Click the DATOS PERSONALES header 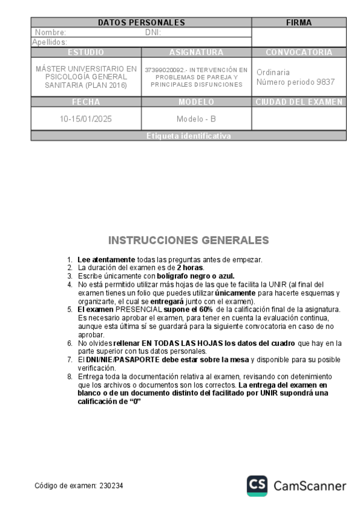pyautogui.click(x=141, y=23)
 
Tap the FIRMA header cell pyautogui.click(x=299, y=23)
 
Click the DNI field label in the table pyautogui.click(x=153, y=32)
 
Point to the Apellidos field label pyautogui.click(x=49, y=42)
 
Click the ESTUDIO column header pyautogui.click(x=86, y=52)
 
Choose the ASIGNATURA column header pyautogui.click(x=196, y=52)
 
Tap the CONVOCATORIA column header pyautogui.click(x=299, y=52)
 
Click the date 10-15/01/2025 pyautogui.click(x=86, y=119)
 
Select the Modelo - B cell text pyautogui.click(x=196, y=119)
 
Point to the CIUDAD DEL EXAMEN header pyautogui.click(x=299, y=102)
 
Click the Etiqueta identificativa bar pyautogui.click(x=188, y=137)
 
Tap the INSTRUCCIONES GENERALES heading pyautogui.click(x=189, y=241)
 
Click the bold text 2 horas pyautogui.click(x=191, y=267)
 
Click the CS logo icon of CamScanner pyautogui.click(x=257, y=485)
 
